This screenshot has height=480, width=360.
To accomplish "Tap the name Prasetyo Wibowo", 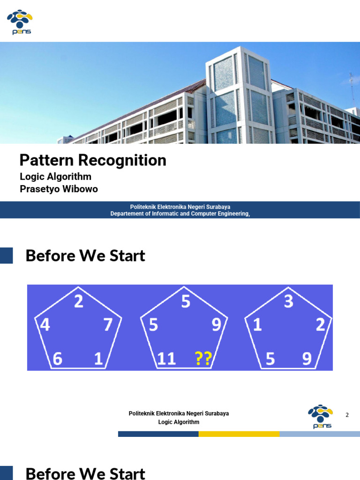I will (x=59, y=189).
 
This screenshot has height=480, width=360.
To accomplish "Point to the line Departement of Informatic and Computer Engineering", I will (x=180, y=214).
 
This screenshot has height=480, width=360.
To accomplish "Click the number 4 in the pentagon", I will (x=45, y=325).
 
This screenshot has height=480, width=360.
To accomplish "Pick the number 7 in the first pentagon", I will (x=108, y=325).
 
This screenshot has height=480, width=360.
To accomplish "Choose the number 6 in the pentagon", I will (x=57, y=359).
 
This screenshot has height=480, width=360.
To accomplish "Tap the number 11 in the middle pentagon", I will (x=166, y=359).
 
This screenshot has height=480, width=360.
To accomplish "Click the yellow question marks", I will (x=203, y=359).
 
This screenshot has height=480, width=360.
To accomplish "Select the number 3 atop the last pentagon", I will (x=288, y=301).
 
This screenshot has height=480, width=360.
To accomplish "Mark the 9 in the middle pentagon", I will (x=216, y=325).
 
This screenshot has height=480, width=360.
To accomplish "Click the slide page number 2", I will (x=347, y=415).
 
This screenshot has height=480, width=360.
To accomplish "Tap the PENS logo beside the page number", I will (x=320, y=416).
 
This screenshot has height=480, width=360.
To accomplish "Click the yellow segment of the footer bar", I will (x=239, y=434).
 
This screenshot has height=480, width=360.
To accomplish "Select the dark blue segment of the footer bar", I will (x=158, y=434).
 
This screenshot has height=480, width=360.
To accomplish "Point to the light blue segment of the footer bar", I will (x=319, y=434).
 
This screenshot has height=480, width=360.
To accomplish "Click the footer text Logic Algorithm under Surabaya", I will (x=179, y=422).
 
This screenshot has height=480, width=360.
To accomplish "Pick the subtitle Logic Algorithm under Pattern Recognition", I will (x=55, y=177).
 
